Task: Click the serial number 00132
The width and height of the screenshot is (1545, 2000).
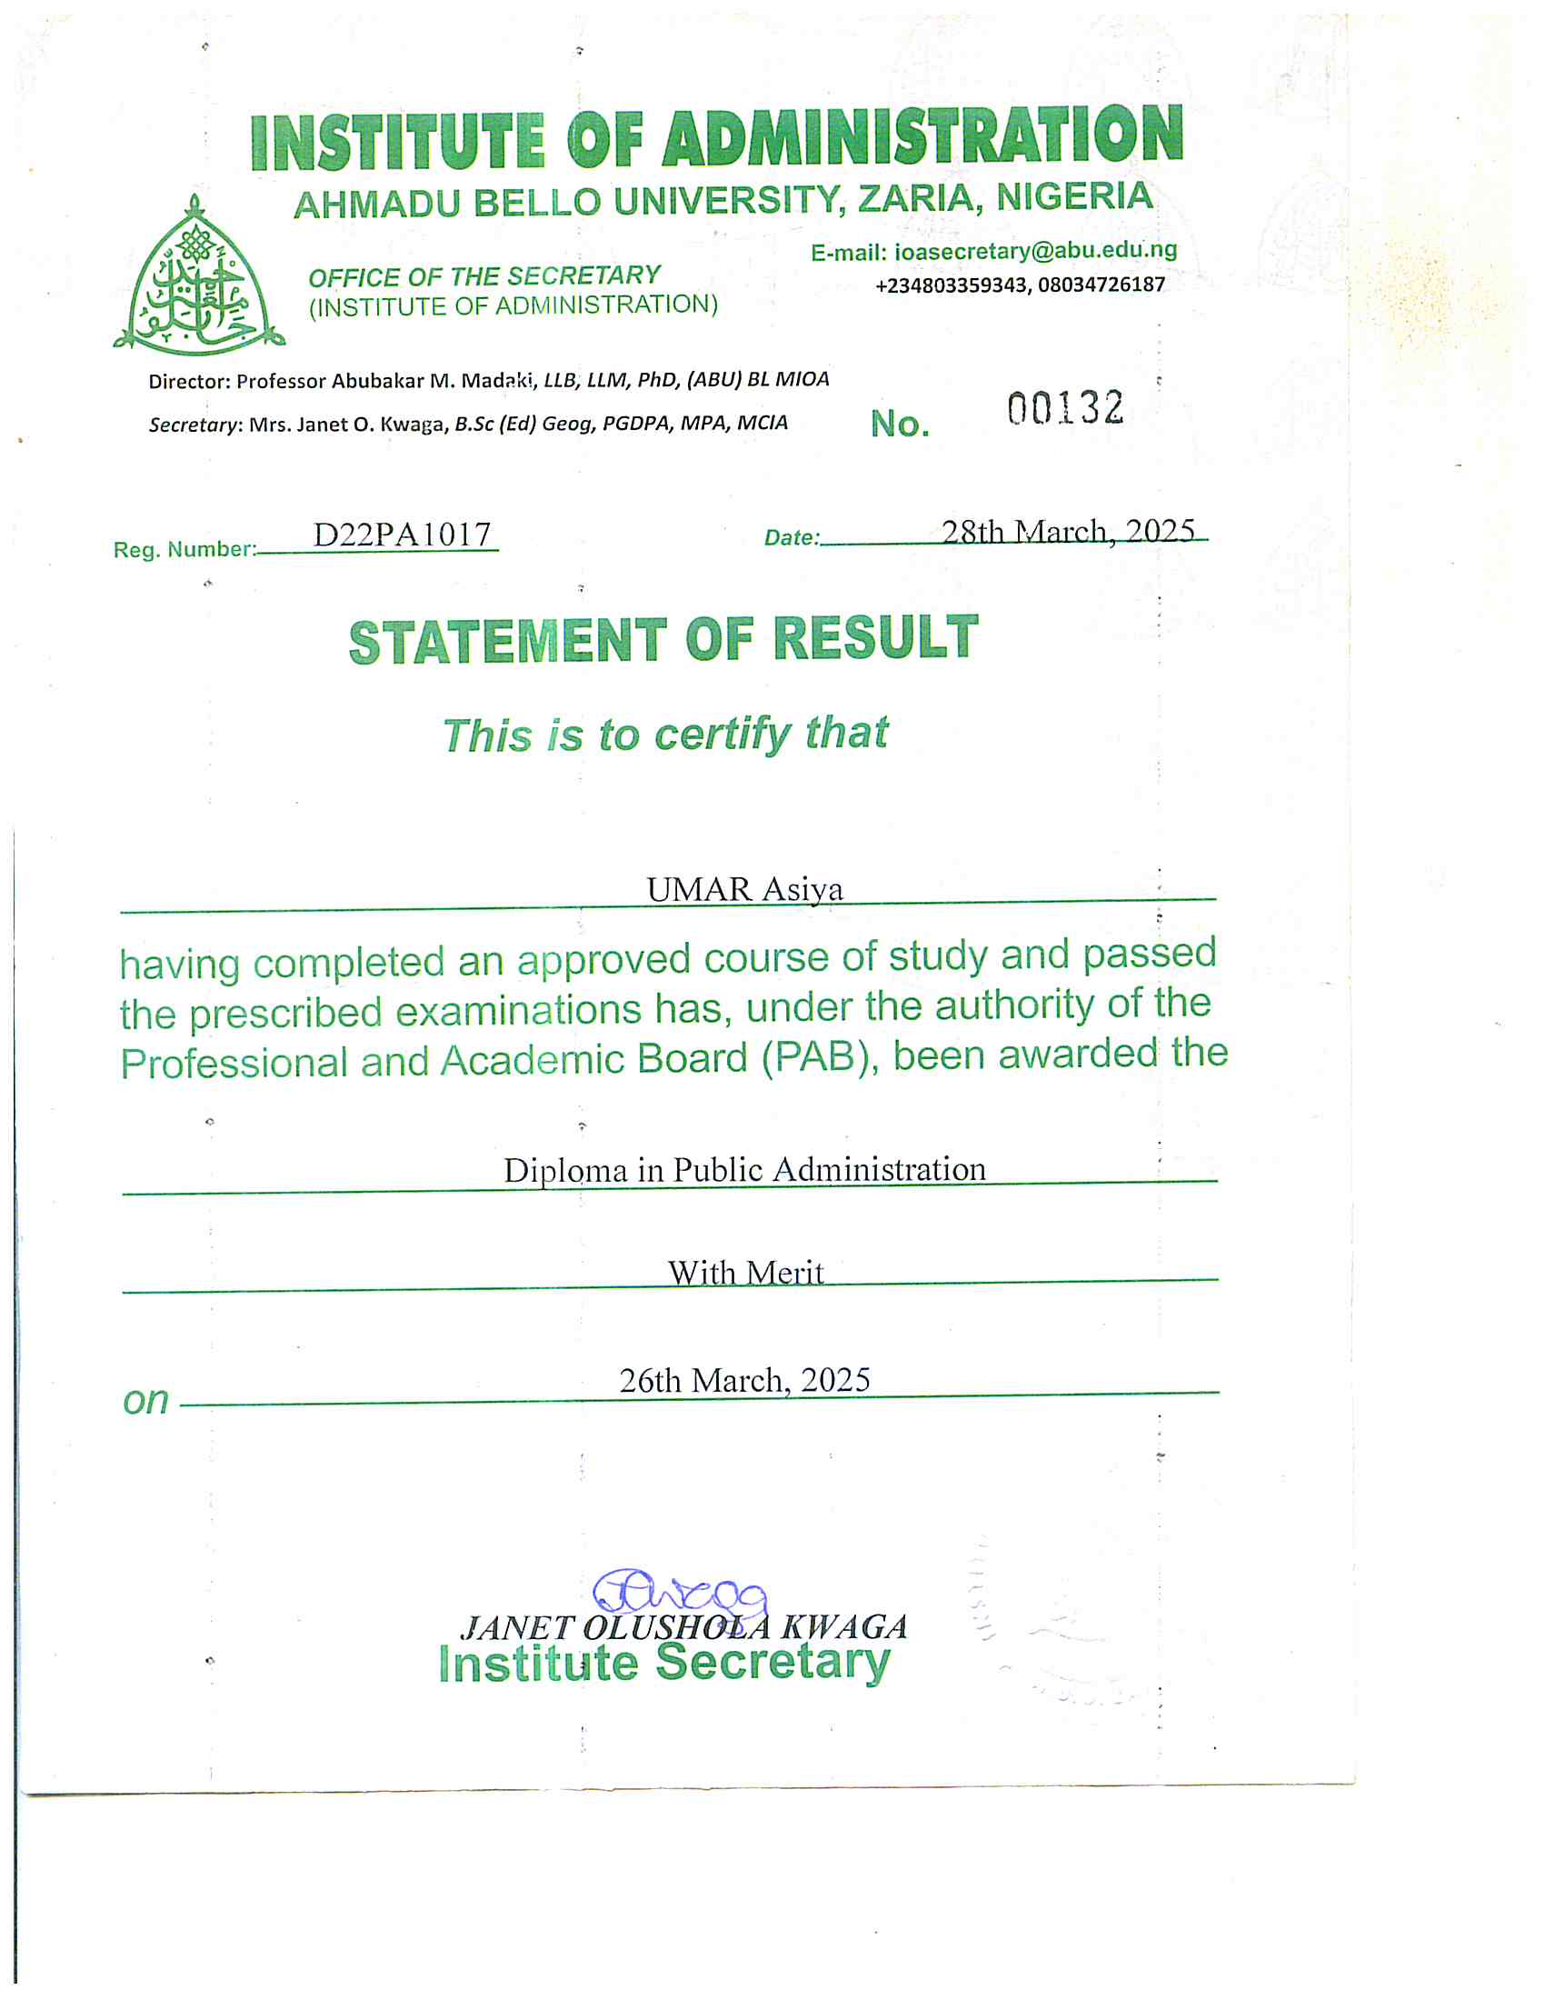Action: point(1064,407)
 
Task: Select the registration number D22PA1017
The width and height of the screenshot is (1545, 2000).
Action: point(402,534)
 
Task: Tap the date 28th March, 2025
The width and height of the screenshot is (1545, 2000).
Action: point(1067,531)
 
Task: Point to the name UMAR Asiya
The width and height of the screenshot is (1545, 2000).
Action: point(744,889)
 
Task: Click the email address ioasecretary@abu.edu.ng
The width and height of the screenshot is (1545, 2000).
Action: point(1035,250)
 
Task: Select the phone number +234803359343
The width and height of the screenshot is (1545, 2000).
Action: point(951,285)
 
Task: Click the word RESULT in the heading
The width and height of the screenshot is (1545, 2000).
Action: point(876,637)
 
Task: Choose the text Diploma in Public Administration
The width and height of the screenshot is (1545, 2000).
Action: point(744,1170)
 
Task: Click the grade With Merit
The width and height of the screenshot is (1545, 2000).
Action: point(745,1272)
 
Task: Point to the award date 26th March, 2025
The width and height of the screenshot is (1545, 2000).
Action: point(744,1380)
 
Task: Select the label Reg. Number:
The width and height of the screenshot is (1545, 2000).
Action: point(184,549)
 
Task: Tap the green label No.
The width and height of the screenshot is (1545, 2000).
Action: point(900,424)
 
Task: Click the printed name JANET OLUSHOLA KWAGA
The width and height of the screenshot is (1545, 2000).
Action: point(683,1627)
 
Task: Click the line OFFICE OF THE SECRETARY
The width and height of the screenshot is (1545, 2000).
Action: point(484,276)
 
